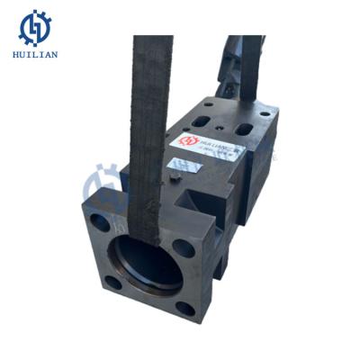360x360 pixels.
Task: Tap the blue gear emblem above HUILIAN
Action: pos(35,27)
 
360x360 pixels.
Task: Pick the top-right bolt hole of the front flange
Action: pos(184,247)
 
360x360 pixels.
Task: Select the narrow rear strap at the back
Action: pos(232,67)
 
